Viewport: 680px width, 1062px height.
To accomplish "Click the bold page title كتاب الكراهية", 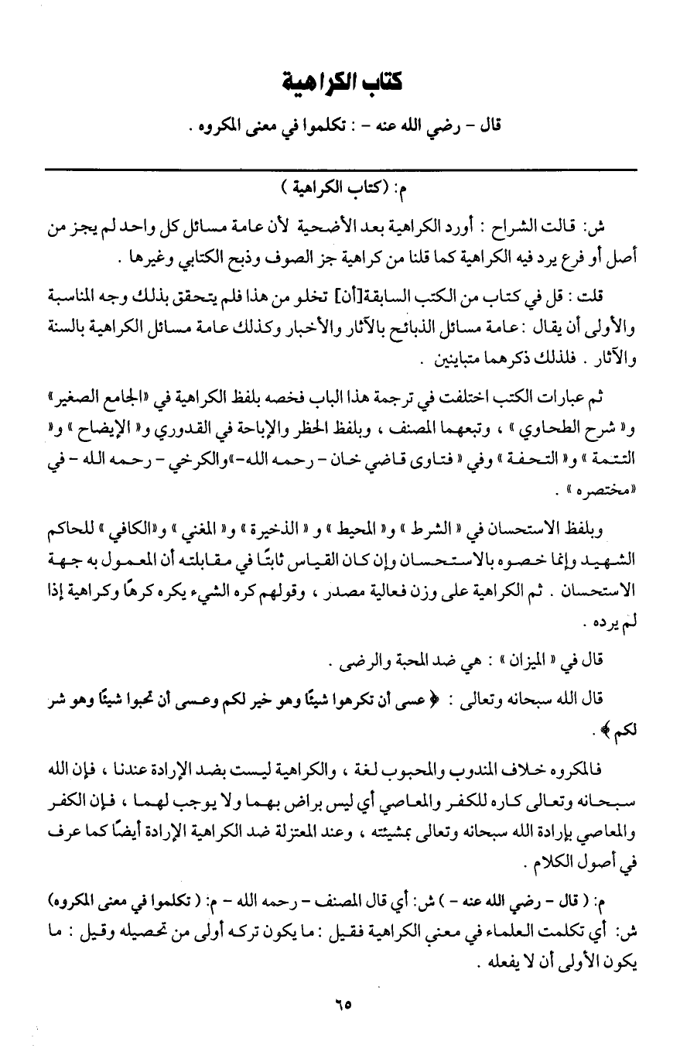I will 340,81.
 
